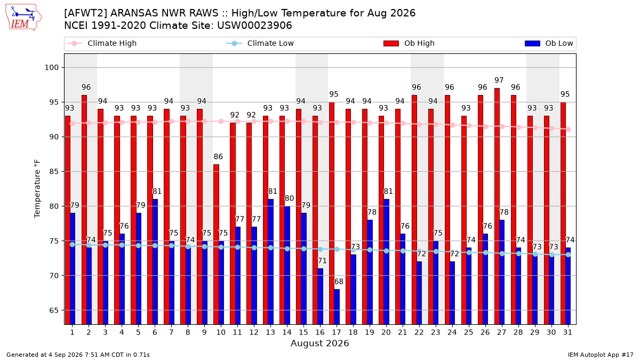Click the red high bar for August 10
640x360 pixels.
[217, 244]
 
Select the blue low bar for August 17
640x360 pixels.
[337, 307]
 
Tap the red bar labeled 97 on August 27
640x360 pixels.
[497, 206]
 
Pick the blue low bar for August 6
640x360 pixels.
[155, 262]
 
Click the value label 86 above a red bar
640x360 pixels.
[218, 157]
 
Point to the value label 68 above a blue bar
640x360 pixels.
[339, 282]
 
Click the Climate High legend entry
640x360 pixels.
[102, 43]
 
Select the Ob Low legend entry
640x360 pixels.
[549, 43]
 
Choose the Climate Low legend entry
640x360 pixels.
[260, 43]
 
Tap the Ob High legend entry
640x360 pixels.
[409, 43]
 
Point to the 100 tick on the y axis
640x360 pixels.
[51, 68]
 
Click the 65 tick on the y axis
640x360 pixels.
[54, 310]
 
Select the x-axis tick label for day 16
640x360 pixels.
[321, 333]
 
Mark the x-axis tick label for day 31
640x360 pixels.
[567, 333]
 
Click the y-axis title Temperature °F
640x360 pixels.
[37, 189]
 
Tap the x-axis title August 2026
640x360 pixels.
[320, 343]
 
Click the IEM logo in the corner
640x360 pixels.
[23, 18]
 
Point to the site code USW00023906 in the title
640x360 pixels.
[254, 26]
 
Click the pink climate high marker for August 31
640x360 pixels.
[569, 130]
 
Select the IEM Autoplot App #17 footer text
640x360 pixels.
[601, 355]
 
